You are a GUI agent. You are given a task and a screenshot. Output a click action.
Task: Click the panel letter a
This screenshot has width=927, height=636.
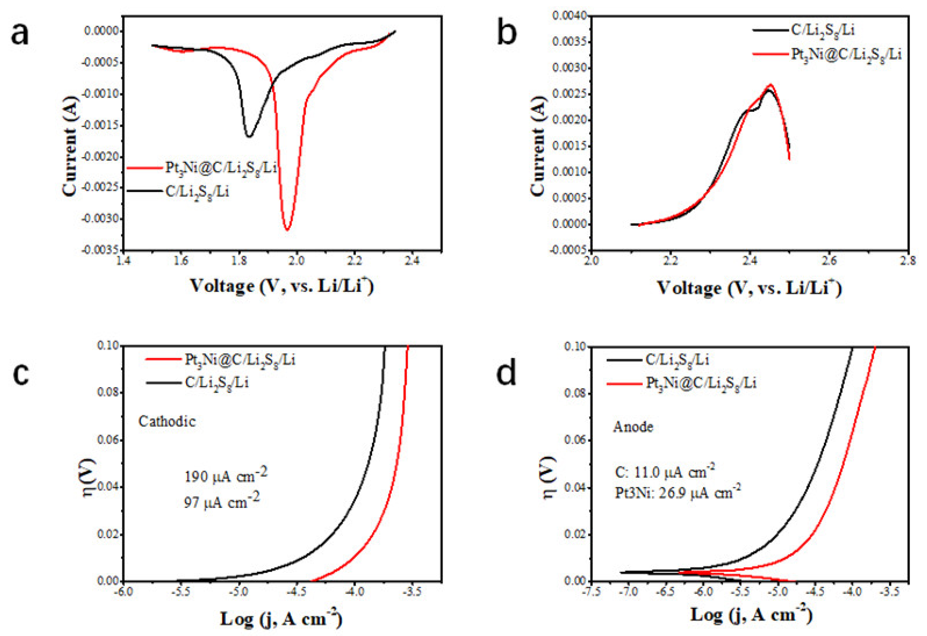click(x=20, y=34)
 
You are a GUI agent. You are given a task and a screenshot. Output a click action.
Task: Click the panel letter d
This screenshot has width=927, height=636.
click(x=506, y=373)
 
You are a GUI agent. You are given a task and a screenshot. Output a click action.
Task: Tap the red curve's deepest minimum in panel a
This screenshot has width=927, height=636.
click(x=287, y=229)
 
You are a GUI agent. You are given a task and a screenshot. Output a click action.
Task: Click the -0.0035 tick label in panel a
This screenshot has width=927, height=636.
click(x=100, y=250)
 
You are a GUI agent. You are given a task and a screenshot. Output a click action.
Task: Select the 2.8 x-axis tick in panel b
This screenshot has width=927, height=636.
click(x=908, y=261)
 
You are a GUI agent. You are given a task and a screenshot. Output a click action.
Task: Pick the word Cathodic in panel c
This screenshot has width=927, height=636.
click(x=167, y=422)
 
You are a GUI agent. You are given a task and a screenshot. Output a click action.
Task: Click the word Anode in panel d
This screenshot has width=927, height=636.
click(x=633, y=427)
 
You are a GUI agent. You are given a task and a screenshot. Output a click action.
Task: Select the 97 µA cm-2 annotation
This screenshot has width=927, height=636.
click(x=221, y=502)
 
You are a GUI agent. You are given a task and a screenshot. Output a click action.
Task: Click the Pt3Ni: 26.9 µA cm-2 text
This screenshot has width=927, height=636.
click(x=678, y=493)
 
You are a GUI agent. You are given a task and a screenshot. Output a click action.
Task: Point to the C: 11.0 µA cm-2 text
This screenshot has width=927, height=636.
click(x=664, y=472)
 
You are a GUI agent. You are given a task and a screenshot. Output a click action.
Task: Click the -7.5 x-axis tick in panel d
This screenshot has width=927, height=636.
click(x=590, y=591)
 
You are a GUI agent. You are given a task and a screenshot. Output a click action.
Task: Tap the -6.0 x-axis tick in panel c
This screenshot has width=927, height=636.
click(x=123, y=591)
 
